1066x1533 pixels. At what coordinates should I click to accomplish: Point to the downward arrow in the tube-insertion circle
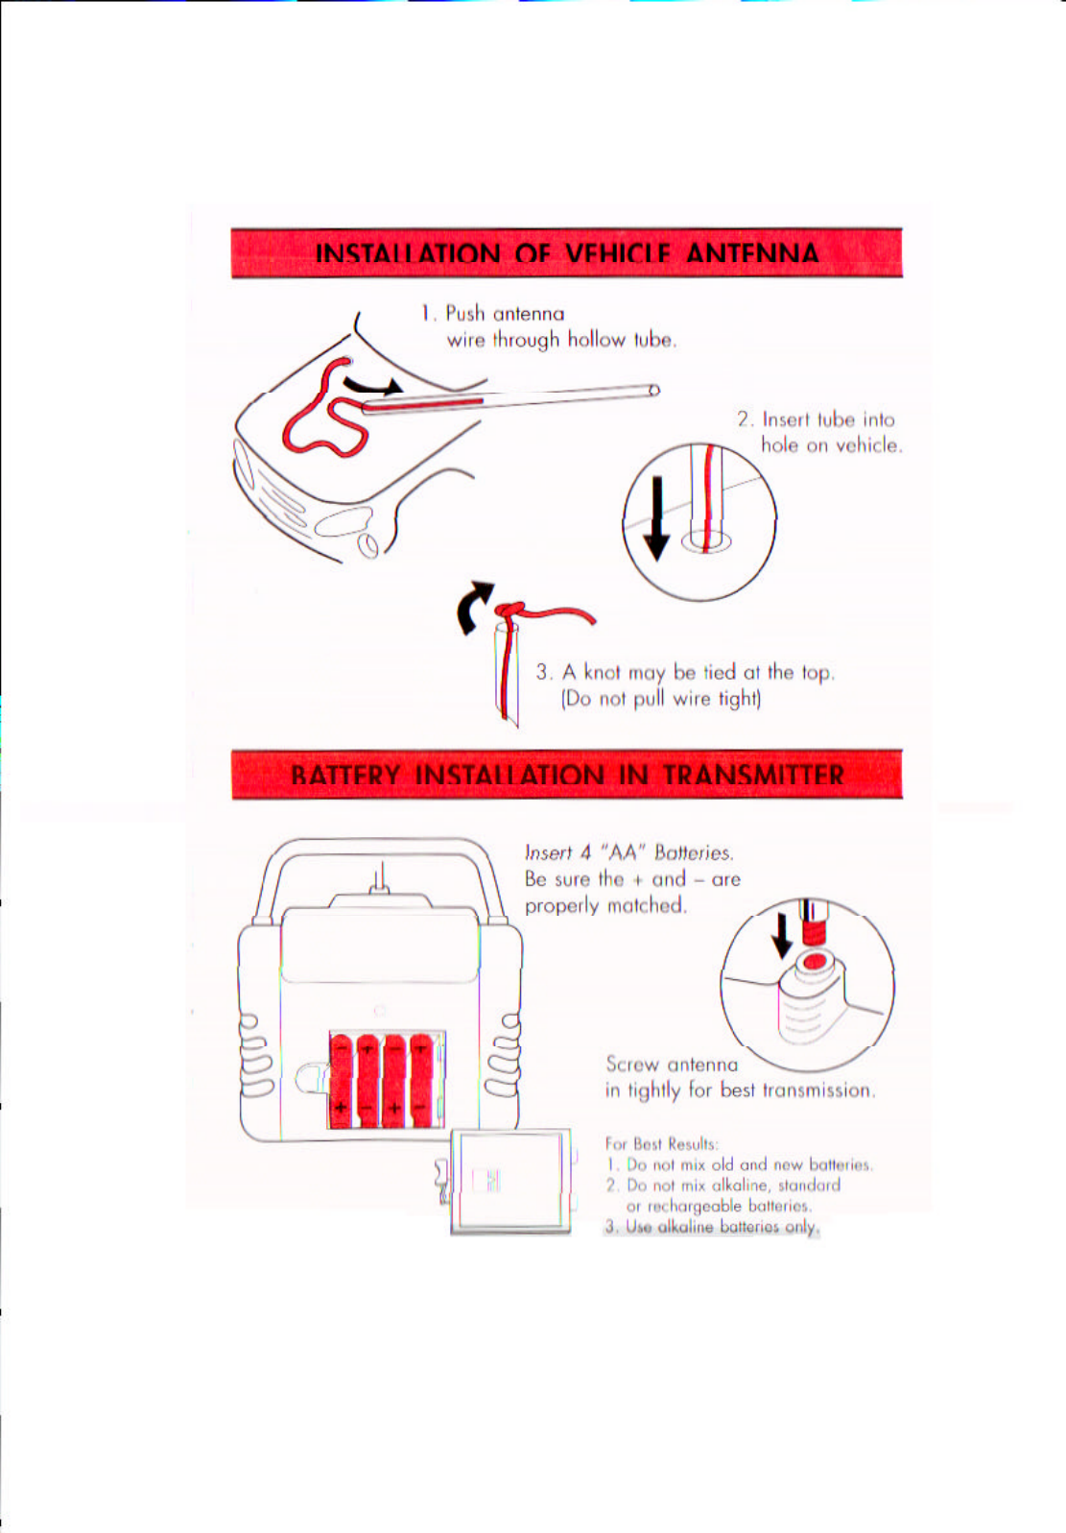[656, 518]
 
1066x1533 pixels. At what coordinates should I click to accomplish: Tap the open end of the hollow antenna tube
[653, 390]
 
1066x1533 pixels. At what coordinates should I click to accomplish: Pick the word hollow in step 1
[596, 340]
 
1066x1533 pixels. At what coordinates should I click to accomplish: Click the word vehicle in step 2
[868, 445]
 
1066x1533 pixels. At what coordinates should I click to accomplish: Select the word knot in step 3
[603, 672]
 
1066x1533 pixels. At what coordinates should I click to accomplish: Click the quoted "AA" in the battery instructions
[623, 852]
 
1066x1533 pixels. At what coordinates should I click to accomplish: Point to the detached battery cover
[510, 1181]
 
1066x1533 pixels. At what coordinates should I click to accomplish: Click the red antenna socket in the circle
[815, 961]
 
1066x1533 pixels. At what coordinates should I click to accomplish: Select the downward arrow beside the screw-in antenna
[783, 934]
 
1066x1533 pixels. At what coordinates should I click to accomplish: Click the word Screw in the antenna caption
[632, 1064]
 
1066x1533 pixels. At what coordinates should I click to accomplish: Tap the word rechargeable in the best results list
[696, 1206]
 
